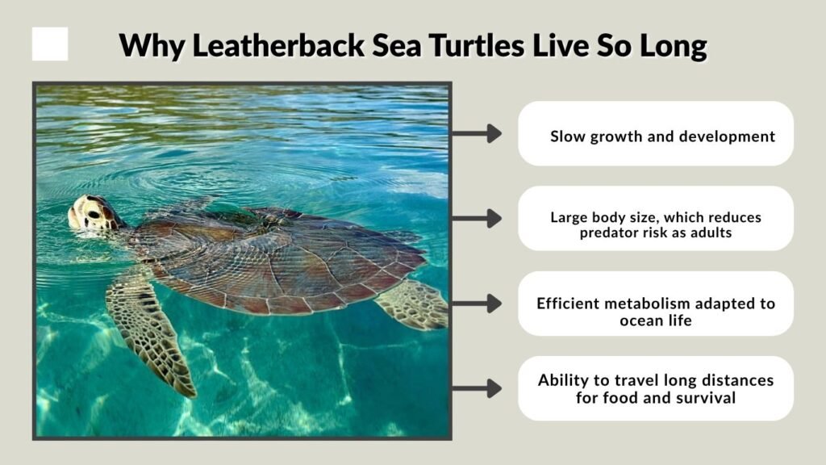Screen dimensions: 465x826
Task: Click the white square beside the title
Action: tap(50, 44)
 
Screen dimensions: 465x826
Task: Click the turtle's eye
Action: tap(90, 212)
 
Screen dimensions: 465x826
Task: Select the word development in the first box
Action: tap(727, 136)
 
